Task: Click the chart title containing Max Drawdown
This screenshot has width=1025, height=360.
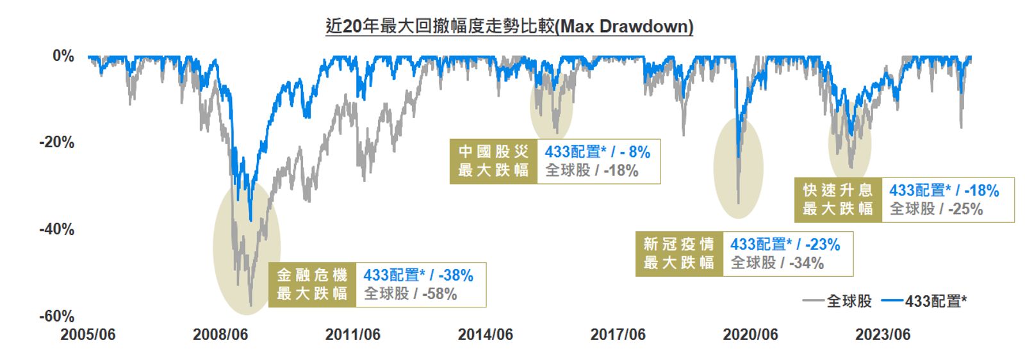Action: (509, 26)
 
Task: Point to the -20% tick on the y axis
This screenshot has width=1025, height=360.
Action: (57, 142)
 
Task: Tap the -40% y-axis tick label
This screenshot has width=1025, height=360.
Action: (57, 229)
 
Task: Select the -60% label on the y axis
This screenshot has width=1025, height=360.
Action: (57, 316)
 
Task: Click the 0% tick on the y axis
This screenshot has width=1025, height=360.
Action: (63, 56)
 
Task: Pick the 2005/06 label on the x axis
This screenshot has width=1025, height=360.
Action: (88, 334)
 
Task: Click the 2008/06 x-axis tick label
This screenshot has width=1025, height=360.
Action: (220, 334)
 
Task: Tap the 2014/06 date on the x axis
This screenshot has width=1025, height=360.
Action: (486, 334)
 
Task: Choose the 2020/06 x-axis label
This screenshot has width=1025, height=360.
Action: (750, 334)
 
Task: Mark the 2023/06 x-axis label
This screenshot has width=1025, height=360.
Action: (883, 334)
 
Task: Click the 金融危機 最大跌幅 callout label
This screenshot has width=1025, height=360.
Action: (312, 284)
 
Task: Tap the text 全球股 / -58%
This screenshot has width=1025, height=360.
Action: (411, 294)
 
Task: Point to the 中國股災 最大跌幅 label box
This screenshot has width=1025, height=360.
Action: (493, 161)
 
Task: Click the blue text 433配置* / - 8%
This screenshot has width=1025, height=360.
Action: (597, 152)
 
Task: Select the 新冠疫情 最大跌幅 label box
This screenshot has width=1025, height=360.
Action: (679, 254)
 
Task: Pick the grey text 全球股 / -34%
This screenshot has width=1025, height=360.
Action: (777, 263)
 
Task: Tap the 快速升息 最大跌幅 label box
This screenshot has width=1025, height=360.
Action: (838, 200)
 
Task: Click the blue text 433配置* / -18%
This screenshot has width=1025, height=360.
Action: (944, 190)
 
